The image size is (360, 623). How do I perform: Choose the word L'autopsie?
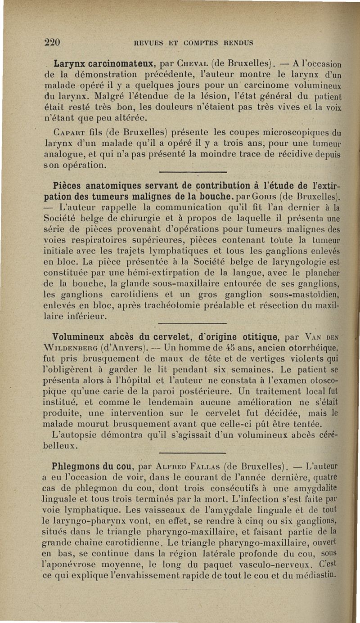tap(73, 435)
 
